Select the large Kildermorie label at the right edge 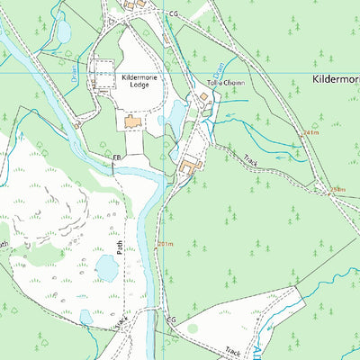335,80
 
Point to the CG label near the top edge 173,15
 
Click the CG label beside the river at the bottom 169,319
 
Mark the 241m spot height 311,132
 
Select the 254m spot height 337,189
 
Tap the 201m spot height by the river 164,244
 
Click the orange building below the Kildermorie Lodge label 133,121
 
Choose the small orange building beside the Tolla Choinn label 203,95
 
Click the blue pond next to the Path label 107,267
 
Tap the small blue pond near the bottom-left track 85,316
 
